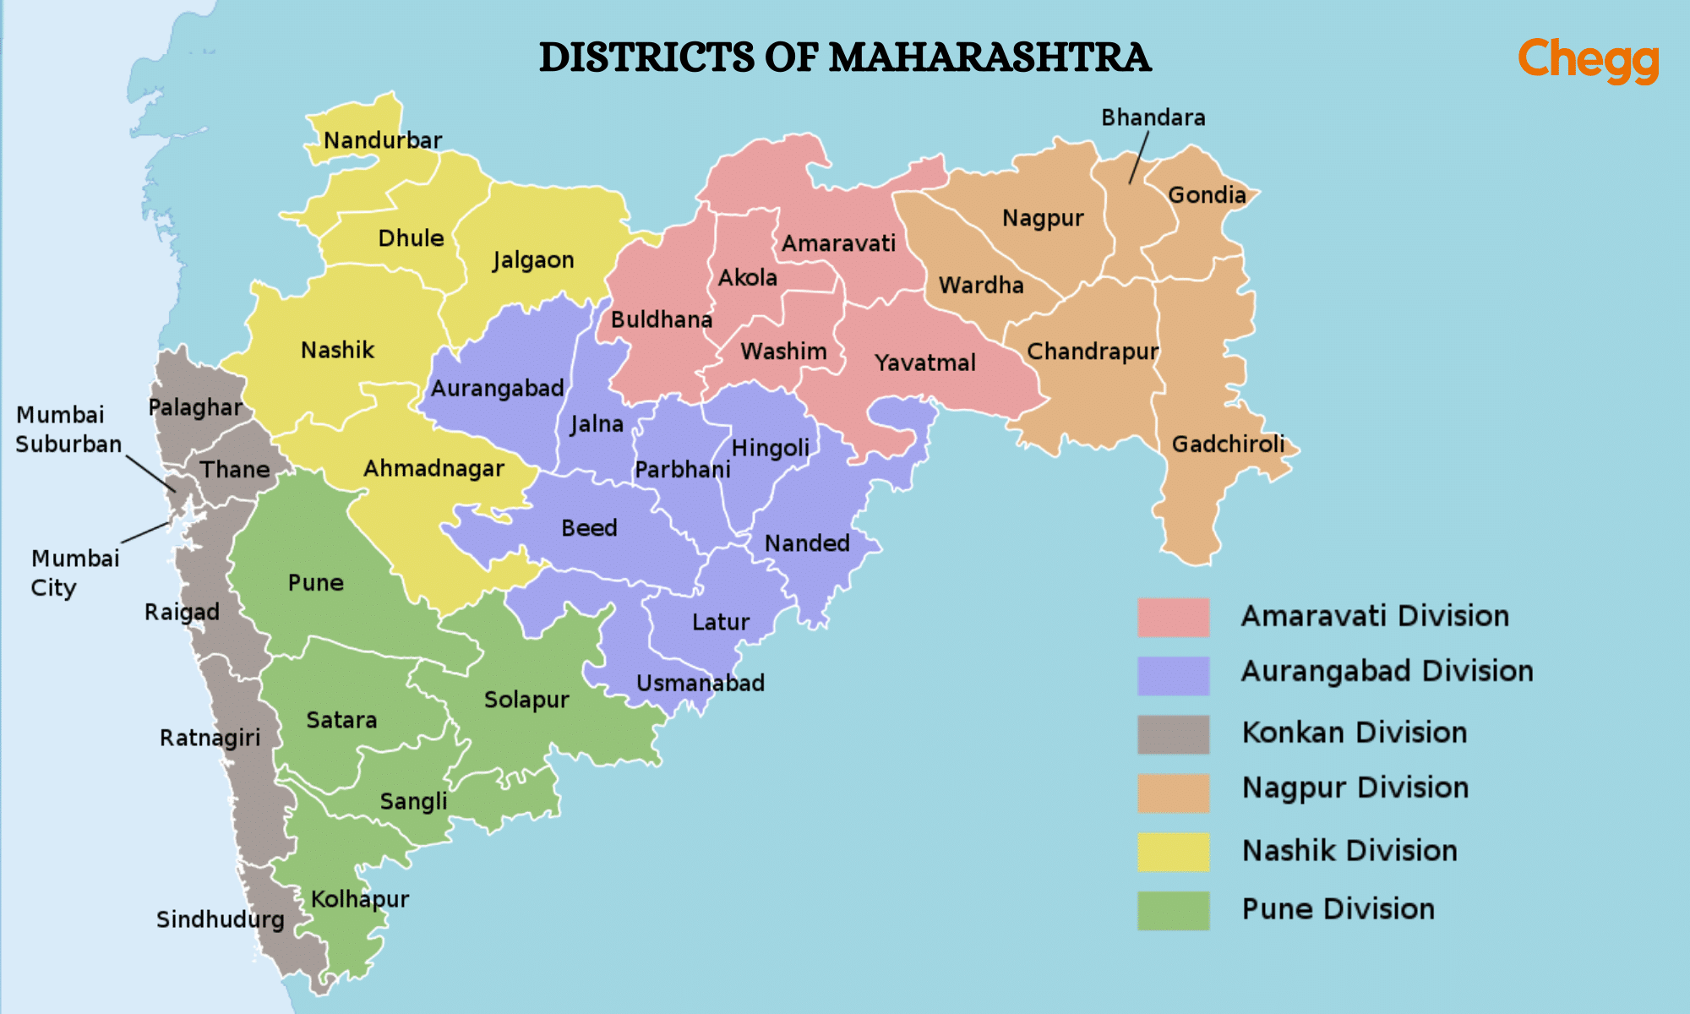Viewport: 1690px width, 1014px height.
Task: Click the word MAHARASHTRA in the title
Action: pyautogui.click(x=989, y=57)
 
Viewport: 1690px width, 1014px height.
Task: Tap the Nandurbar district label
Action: pyautogui.click(x=383, y=140)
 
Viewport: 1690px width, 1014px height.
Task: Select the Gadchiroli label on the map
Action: pyautogui.click(x=1228, y=444)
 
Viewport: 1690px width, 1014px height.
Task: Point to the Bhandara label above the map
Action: pyautogui.click(x=1153, y=117)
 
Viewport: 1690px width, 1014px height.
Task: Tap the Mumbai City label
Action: pyautogui.click(x=74, y=572)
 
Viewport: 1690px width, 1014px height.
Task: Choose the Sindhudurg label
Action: pyautogui.click(x=220, y=919)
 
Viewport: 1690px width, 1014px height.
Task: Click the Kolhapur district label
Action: pyautogui.click(x=360, y=899)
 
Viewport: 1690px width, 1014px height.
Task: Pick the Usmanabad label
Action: pyautogui.click(x=700, y=683)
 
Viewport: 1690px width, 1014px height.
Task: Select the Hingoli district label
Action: pyautogui.click(x=770, y=448)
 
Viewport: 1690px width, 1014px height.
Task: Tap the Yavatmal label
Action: pyautogui.click(x=924, y=363)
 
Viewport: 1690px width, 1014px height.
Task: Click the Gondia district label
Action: pyautogui.click(x=1207, y=195)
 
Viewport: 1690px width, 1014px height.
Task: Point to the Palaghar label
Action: pyautogui.click(x=195, y=407)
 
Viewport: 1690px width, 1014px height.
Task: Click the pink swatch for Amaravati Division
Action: pyautogui.click(x=1173, y=617)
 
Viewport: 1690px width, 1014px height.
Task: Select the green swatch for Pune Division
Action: pyautogui.click(x=1173, y=910)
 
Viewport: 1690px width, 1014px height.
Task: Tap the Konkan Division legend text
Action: pyautogui.click(x=1354, y=733)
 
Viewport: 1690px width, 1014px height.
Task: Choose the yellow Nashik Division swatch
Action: pyautogui.click(x=1173, y=851)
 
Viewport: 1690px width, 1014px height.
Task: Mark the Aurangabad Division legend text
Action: pyautogui.click(x=1386, y=672)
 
